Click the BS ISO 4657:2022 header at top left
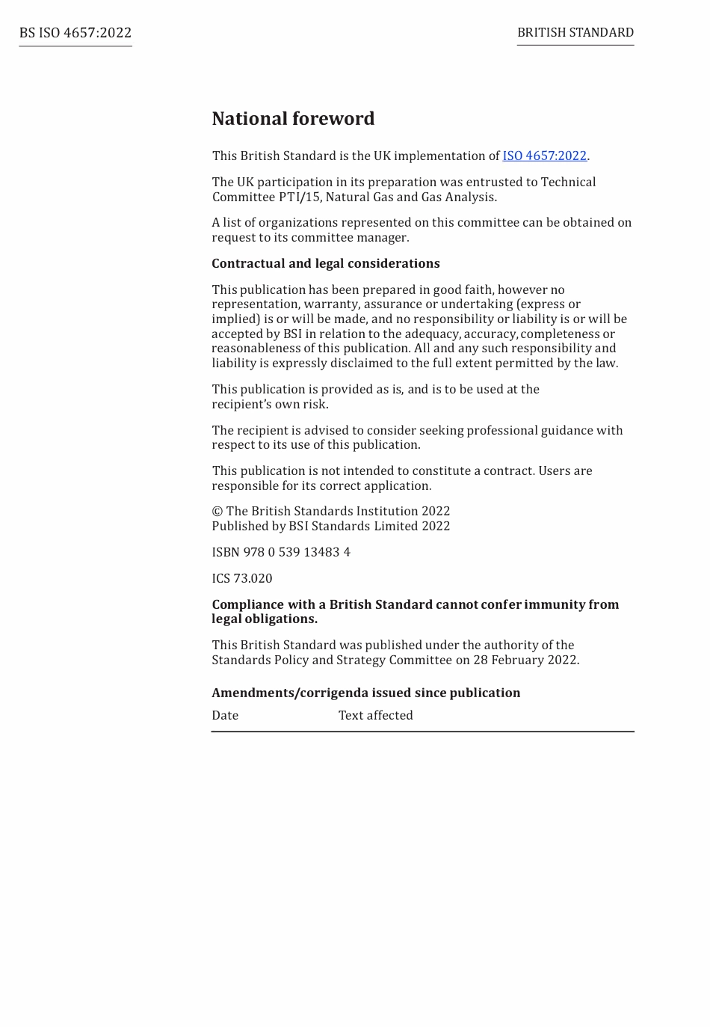click(x=75, y=33)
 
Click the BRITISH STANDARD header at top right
click(x=575, y=32)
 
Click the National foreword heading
click(x=293, y=119)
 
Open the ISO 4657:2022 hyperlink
click(x=544, y=156)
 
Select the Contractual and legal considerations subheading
click(x=325, y=263)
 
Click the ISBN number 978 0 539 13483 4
click(x=297, y=552)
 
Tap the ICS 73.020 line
click(x=242, y=578)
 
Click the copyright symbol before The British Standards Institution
click(x=217, y=512)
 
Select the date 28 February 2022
click(x=525, y=660)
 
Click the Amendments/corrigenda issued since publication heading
click(x=365, y=693)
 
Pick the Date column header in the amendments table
click(x=225, y=715)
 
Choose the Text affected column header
click(x=375, y=715)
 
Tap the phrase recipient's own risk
click(x=270, y=404)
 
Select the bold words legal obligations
click(x=265, y=619)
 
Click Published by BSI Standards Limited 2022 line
click(x=330, y=526)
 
